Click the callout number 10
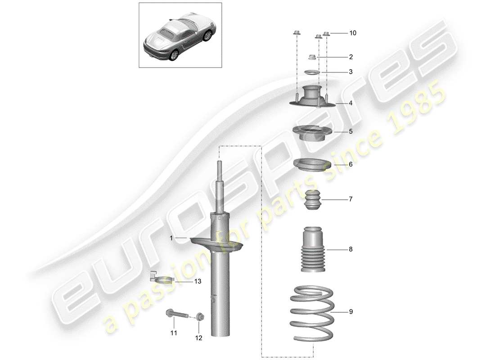click(x=352, y=33)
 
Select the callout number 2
click(x=350, y=57)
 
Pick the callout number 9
click(x=351, y=311)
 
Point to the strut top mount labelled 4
click(x=310, y=97)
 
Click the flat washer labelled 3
click(x=311, y=72)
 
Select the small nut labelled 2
click(x=311, y=57)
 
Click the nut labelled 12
click(x=199, y=316)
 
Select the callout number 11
click(x=174, y=333)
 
